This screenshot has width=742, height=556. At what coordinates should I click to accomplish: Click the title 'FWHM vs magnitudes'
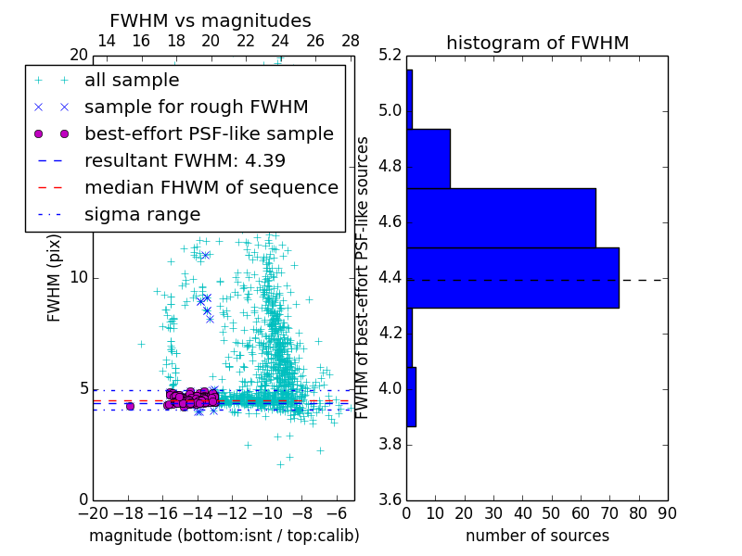coord(211,20)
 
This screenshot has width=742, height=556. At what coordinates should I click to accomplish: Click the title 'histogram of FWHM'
coord(537,43)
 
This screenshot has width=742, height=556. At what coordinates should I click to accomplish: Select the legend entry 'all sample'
coord(132,81)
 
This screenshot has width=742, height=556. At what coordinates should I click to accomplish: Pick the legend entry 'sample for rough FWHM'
coord(196,107)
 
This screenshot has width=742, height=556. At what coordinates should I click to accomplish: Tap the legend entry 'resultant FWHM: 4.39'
coord(185,160)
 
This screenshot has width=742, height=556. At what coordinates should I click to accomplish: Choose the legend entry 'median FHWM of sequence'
coord(211,187)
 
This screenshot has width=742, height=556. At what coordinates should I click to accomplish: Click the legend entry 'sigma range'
coord(142,214)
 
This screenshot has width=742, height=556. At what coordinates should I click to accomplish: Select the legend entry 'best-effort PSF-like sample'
coord(209,133)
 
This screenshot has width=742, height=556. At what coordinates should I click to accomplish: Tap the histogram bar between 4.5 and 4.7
coord(501,218)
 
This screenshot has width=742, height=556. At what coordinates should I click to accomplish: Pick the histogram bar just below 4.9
coord(429,158)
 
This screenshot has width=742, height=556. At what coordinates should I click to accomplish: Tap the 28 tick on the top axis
coord(351,41)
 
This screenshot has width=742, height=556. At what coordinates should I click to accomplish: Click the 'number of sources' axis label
coord(537,536)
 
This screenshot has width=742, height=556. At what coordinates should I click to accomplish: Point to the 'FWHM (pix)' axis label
coord(55,277)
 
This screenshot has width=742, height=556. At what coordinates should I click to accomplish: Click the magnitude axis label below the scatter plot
coord(224,536)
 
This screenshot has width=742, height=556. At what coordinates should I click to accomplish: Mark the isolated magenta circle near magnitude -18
coord(130,406)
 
